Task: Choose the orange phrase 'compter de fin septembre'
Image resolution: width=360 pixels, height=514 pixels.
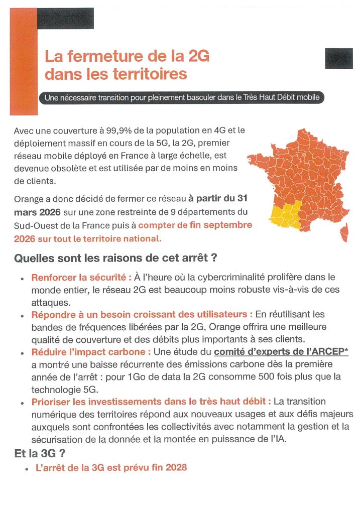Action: [195, 225]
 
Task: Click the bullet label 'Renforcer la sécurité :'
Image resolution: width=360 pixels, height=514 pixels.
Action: [81, 278]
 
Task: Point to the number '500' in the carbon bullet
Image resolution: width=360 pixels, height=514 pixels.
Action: [264, 376]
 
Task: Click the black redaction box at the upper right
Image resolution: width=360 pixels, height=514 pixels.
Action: [339, 59]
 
